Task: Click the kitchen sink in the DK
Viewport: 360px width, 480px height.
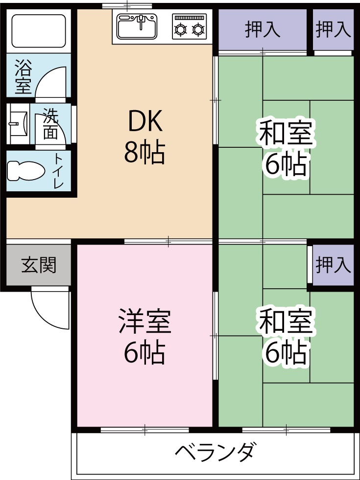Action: [x=137, y=26]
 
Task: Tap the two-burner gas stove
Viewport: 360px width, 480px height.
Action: [x=189, y=27]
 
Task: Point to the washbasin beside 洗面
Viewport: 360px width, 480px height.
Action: [x=19, y=123]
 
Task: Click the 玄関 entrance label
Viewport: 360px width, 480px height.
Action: [x=39, y=265]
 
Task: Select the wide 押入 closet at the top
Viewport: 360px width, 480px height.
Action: [x=263, y=30]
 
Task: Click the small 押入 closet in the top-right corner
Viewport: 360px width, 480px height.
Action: [x=333, y=30]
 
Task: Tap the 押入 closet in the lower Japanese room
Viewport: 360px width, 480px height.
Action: [x=333, y=265]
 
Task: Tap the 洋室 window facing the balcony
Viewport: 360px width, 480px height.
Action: [x=144, y=430]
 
